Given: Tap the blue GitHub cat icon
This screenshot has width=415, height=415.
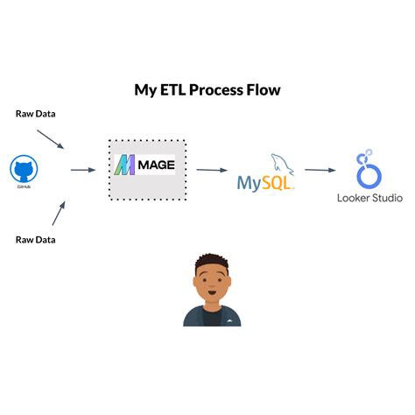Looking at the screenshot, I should coord(22,168).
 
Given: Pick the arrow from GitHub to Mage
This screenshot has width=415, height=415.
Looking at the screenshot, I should coord(82,169).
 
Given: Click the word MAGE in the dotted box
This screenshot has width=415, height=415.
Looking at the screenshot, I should coord(158,164).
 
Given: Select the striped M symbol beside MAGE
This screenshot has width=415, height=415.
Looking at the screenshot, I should coord(126,164).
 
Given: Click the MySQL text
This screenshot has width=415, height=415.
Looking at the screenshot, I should coord(263,184).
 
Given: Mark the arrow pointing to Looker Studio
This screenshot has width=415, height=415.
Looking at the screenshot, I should coord(321,170).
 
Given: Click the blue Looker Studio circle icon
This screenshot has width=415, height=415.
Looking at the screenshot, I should coord(368,169).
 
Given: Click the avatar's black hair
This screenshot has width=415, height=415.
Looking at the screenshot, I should coord(211,260).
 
